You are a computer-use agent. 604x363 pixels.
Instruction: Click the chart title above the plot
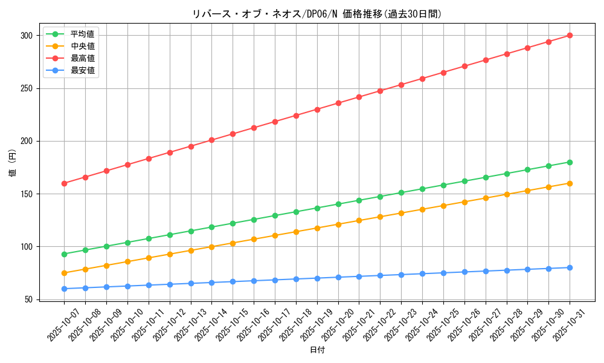pyautogui.click(x=317, y=14)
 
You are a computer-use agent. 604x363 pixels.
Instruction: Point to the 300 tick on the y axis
pyautogui.click(x=25, y=36)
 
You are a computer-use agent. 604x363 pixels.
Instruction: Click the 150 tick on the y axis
pyautogui.click(x=25, y=194)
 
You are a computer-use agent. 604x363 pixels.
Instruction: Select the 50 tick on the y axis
pyautogui.click(x=28, y=299)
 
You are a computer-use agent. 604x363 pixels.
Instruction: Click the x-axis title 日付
pyautogui.click(x=317, y=350)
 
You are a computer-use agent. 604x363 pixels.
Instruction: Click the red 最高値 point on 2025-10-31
pyautogui.click(x=570, y=36)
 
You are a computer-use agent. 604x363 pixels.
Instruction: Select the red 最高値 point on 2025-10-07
pyautogui.click(x=64, y=183)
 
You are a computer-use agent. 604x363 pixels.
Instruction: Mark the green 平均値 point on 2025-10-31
pyautogui.click(x=570, y=162)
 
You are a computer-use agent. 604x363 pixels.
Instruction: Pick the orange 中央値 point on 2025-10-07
pyautogui.click(x=64, y=273)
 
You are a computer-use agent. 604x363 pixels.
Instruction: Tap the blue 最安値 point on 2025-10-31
pyautogui.click(x=570, y=267)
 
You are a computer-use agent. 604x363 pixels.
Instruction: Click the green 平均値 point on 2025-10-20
pyautogui.click(x=338, y=204)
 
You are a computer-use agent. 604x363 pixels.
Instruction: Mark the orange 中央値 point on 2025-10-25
pyautogui.click(x=443, y=206)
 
